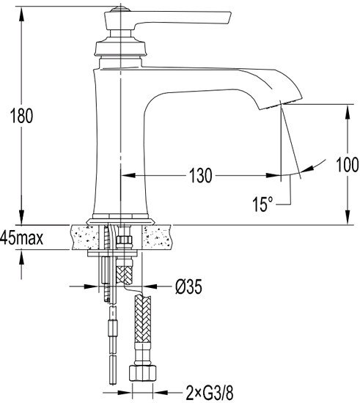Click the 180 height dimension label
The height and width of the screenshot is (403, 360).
tap(21, 116)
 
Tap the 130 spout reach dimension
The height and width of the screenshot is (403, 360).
tap(201, 176)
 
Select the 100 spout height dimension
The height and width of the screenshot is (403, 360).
tap(347, 164)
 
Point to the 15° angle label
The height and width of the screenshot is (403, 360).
tap(262, 204)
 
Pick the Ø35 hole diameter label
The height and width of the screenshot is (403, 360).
tap(188, 286)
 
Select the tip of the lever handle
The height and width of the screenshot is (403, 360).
tap(229, 18)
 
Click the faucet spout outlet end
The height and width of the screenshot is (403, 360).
tap(280, 105)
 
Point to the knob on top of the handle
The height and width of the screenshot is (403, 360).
tap(120, 10)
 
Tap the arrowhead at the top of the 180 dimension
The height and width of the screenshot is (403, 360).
tap(21, 13)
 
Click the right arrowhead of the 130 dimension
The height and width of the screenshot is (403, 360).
tap(273, 176)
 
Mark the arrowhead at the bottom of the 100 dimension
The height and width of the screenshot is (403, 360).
tap(347, 218)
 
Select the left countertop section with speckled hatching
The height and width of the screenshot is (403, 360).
tap(84, 237)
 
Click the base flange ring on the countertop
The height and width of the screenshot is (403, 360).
tap(120, 221)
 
